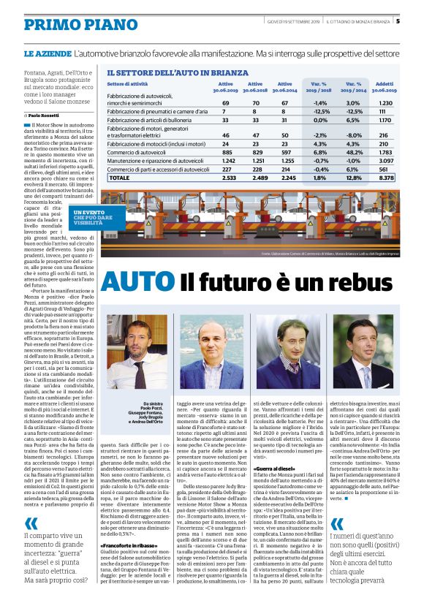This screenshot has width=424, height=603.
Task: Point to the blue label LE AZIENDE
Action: [47, 55]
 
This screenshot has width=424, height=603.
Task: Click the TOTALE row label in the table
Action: [118, 177]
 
